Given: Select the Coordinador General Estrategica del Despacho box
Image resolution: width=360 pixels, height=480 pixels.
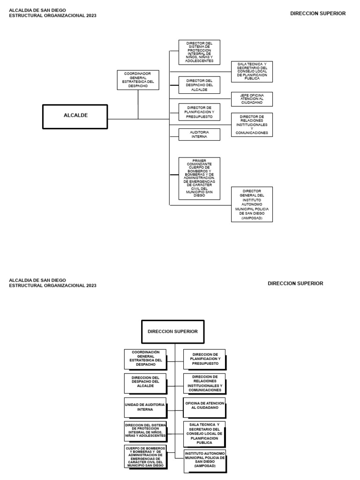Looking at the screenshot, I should [x=138, y=80].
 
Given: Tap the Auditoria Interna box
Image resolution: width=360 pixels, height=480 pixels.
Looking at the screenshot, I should [x=199, y=135].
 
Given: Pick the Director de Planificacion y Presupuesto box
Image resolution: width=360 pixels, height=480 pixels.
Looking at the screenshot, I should [x=199, y=112].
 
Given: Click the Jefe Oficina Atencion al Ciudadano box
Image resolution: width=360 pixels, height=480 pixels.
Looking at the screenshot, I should [x=252, y=99].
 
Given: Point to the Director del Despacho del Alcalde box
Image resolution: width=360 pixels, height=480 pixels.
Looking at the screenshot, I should [x=199, y=85].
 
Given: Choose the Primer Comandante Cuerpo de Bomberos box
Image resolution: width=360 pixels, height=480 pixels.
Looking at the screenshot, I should [x=199, y=178].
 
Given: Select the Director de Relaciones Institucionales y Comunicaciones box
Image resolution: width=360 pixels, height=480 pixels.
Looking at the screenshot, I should [x=252, y=125].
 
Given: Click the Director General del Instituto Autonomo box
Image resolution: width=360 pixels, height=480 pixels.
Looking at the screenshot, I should [x=252, y=204].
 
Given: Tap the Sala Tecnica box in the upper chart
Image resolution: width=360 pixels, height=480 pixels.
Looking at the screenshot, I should [x=252, y=72].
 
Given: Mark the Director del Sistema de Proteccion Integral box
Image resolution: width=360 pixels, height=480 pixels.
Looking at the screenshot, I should [x=199, y=52].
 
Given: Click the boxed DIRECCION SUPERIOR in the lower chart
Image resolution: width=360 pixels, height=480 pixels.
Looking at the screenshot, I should [x=172, y=331].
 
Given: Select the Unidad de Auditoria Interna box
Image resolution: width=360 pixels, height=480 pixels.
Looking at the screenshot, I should [x=145, y=407].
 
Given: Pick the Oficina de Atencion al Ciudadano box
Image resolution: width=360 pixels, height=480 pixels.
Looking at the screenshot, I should [x=204, y=407].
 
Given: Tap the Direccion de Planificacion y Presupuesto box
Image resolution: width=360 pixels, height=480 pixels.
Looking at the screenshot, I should [x=204, y=359].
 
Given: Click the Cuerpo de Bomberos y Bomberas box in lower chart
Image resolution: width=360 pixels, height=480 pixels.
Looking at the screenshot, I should [x=145, y=457].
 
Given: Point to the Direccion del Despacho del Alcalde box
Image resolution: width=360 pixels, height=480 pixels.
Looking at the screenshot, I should [x=145, y=383].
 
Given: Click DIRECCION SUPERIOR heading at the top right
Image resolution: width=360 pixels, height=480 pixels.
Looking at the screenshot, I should [x=318, y=14].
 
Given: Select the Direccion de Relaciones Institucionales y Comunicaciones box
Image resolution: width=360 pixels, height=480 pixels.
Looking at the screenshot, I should [x=204, y=383].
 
